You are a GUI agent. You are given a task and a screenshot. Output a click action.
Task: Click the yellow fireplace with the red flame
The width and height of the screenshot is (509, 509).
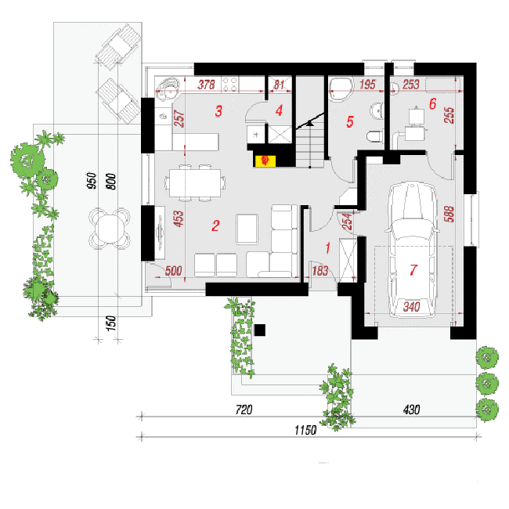(265, 161)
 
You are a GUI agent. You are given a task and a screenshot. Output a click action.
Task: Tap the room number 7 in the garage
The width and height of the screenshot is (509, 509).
(413, 269)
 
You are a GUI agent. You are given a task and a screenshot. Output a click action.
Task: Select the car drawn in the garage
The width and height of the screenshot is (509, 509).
(412, 251)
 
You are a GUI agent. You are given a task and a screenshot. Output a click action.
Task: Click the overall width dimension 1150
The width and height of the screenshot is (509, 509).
(305, 430)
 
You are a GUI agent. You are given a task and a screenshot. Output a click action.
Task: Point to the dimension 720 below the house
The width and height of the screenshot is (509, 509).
(244, 410)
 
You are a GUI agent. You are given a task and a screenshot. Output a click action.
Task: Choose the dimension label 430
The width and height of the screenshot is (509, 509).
(411, 410)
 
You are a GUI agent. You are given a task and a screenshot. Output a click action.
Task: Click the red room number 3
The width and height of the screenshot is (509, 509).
(218, 110)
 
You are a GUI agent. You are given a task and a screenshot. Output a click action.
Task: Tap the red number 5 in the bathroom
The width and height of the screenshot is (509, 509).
(349, 121)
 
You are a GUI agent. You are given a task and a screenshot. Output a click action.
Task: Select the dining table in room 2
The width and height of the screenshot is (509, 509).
(195, 182)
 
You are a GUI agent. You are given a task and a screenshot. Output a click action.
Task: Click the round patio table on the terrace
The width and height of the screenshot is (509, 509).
(110, 229)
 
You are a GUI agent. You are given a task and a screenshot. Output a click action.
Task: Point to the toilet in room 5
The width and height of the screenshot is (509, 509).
(374, 136)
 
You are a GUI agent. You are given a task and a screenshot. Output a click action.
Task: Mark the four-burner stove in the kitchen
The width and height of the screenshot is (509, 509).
(229, 85)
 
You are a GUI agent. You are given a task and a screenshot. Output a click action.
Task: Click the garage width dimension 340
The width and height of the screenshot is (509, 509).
(411, 306)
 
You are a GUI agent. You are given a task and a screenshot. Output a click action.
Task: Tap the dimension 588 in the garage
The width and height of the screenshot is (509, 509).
(449, 214)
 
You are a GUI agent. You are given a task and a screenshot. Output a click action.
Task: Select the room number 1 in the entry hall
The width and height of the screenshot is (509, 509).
(327, 248)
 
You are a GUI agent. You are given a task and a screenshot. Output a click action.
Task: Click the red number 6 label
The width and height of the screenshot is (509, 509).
(432, 104)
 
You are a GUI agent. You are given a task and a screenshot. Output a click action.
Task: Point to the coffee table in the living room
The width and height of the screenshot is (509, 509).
(247, 229)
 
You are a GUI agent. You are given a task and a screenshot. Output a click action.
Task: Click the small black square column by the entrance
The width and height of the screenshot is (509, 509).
(260, 330)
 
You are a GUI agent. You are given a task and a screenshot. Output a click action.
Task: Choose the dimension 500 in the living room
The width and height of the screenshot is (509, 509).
(173, 271)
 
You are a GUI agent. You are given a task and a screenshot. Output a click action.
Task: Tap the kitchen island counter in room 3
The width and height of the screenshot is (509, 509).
(196, 142)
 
